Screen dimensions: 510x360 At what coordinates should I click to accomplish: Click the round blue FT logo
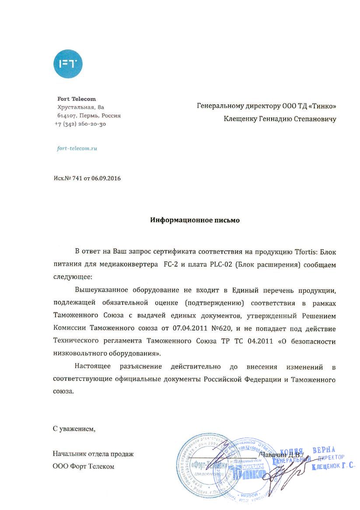click(68, 64)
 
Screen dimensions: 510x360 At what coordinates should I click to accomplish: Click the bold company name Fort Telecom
click(77, 99)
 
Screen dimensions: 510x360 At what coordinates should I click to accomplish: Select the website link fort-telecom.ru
click(77, 148)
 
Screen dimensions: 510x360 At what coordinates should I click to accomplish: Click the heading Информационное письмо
click(195, 220)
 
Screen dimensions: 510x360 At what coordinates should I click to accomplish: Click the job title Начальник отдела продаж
click(93, 454)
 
